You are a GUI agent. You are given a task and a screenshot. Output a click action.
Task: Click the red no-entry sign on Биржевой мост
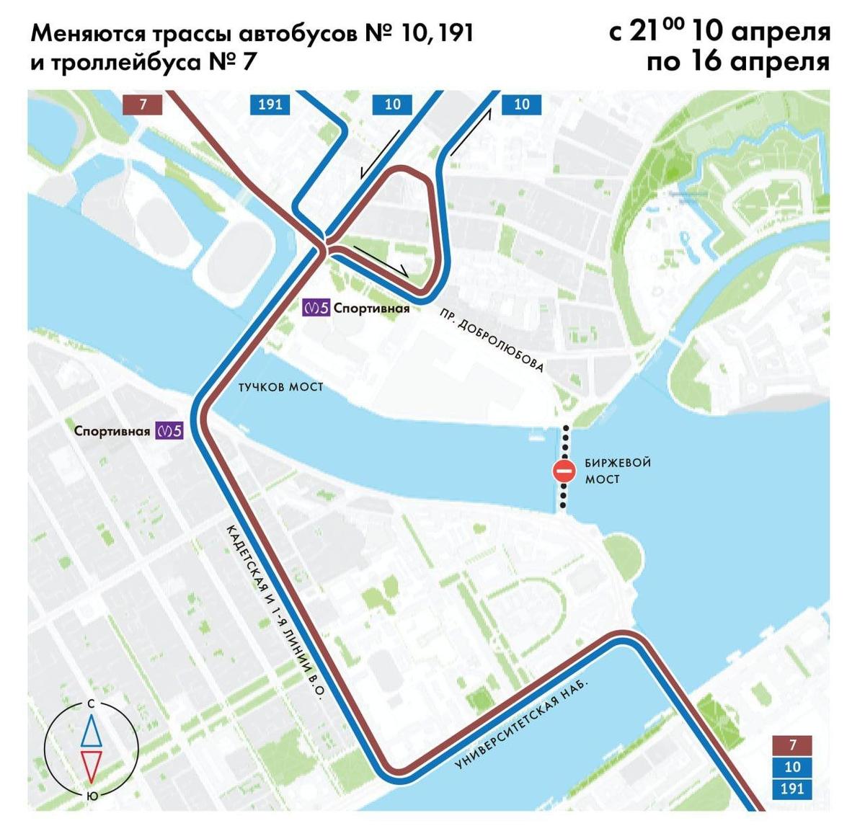564,471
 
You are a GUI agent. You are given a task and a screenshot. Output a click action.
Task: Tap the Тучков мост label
280,387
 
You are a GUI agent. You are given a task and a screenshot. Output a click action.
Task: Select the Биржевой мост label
608,471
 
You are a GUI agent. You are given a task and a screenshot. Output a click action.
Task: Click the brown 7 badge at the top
143,104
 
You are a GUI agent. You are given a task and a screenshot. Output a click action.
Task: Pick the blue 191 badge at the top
270,104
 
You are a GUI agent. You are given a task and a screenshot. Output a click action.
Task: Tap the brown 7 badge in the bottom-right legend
792,745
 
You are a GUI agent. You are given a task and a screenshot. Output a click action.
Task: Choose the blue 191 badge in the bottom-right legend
792,788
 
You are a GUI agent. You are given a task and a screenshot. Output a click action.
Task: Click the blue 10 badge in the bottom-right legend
792,766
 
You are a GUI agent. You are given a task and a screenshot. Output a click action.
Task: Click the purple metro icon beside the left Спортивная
169,431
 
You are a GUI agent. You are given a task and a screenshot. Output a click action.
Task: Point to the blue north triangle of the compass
91,731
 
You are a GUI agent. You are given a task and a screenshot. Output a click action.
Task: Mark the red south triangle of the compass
91,765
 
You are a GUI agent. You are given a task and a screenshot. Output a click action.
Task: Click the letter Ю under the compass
92,796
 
